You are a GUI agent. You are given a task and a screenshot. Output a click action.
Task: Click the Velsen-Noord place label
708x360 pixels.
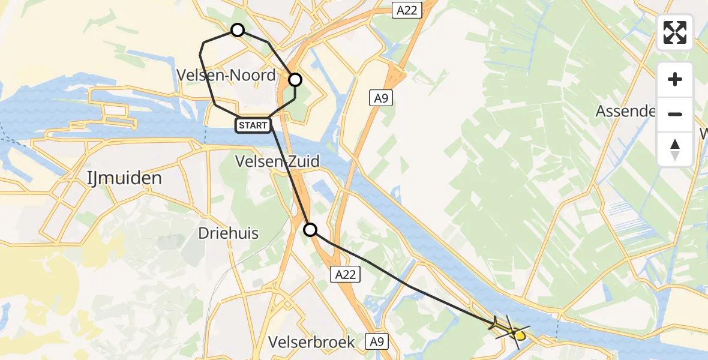(x=226, y=76)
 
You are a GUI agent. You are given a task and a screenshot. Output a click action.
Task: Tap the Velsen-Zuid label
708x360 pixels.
(x=277, y=161)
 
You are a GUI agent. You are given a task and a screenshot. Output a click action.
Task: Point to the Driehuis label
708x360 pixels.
(x=229, y=233)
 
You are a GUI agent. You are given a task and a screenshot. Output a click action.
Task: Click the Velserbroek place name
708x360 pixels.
(x=311, y=342)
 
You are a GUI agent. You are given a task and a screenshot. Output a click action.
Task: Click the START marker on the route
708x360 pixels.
(x=253, y=125)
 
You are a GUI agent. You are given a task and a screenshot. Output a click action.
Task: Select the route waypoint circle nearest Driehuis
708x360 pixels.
(x=310, y=229)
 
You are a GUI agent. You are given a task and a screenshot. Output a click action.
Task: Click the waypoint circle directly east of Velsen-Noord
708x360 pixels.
(x=295, y=80)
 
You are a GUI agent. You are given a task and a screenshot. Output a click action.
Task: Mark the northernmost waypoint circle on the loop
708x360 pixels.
(x=238, y=30)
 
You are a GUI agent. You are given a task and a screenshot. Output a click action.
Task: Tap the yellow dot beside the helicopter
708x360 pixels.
(x=520, y=336)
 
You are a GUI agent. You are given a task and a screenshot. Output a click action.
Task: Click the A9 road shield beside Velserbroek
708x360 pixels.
(x=376, y=342)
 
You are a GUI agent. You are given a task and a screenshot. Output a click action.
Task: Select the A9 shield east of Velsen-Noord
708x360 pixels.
(x=381, y=98)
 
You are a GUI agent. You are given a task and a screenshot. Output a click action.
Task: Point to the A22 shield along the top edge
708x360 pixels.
(x=408, y=10)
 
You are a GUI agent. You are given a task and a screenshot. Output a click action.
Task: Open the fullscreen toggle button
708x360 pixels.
(x=675, y=32)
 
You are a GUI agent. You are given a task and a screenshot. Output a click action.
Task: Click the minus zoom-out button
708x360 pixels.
(x=675, y=114)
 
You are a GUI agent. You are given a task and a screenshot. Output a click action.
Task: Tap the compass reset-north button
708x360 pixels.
(x=675, y=149)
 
